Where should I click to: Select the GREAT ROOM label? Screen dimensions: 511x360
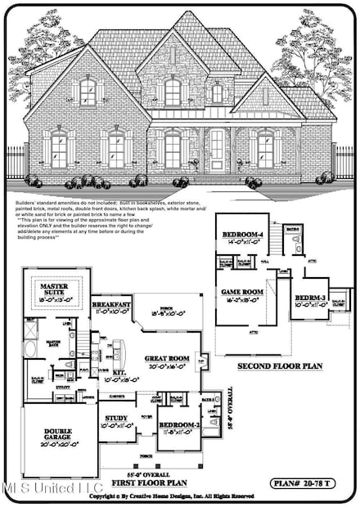[x=166, y=358]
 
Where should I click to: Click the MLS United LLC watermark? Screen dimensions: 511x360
[x=41, y=490]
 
